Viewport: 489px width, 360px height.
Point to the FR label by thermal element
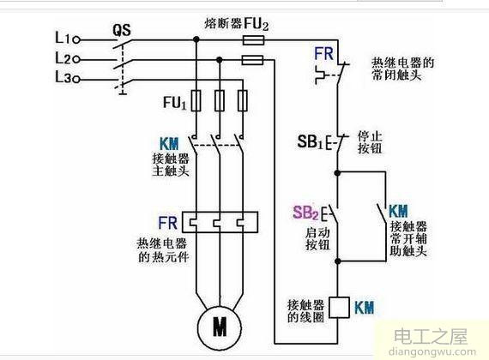coord(167,220)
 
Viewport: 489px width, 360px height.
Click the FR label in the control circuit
coord(323,53)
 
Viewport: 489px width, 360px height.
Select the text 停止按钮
coord(366,141)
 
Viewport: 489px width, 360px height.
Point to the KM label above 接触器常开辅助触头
coord(398,211)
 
